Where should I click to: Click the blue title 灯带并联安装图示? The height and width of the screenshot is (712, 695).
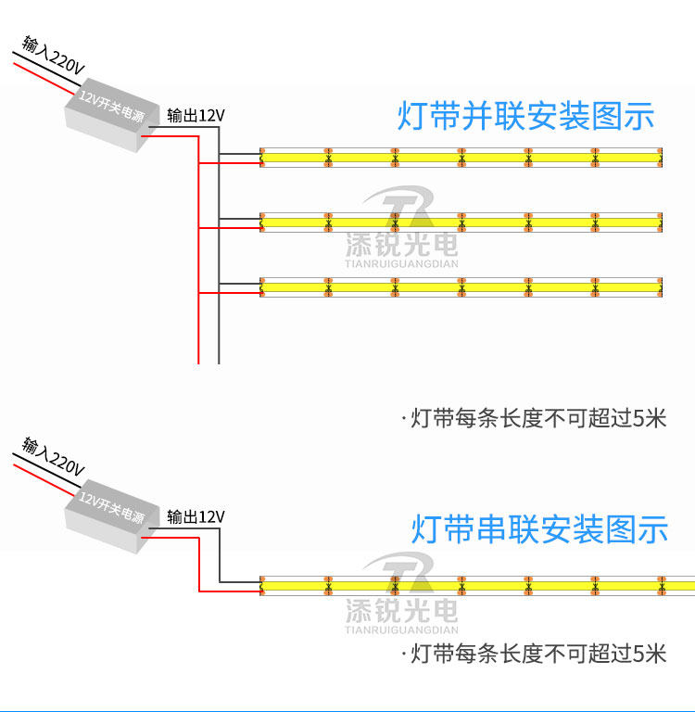point(525,116)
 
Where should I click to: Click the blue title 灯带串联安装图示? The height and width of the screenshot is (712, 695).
point(539,529)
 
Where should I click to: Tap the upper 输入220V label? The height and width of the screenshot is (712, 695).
point(54,55)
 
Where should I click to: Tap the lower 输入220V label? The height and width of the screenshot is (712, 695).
point(54,456)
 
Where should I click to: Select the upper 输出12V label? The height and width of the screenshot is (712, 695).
point(196,115)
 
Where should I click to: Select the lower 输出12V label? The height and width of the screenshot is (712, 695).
point(196,516)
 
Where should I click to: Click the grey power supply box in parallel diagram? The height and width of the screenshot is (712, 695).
point(112,115)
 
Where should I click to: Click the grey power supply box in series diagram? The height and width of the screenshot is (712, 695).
point(112,515)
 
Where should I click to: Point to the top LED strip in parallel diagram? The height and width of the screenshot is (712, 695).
point(461,158)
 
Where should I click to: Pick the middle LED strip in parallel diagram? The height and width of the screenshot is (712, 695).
point(461,222)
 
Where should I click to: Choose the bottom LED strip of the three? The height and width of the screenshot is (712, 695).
point(461,287)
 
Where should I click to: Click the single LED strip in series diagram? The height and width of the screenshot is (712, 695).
point(477,586)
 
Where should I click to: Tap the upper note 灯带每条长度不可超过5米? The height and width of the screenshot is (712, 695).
point(534,418)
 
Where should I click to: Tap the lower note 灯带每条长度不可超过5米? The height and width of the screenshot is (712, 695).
point(534,654)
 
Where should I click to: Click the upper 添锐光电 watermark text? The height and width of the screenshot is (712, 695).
point(402,245)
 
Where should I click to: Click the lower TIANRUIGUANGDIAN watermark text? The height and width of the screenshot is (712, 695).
point(402,629)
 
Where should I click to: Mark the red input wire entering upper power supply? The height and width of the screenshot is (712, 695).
point(44,79)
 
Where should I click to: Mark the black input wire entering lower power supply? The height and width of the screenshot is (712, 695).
point(46,470)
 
